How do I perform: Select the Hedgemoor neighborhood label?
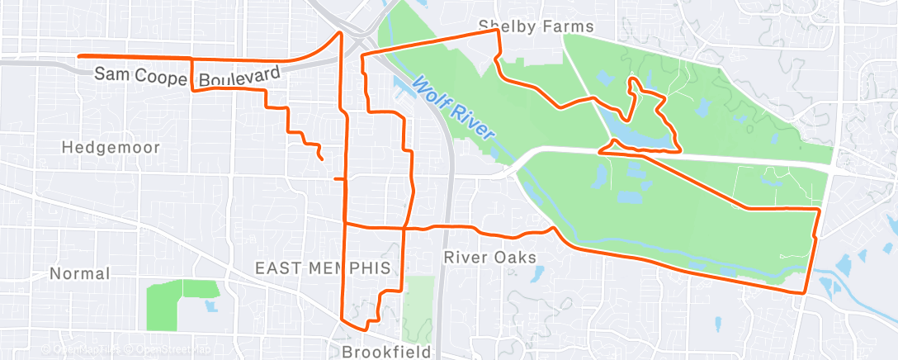pos(111,147)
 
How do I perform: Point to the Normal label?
pos(79,273)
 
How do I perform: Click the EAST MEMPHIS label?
pos(322,268)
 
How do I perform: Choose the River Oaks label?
pos(489,258)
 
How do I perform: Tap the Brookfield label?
pos(386,353)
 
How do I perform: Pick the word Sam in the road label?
pos(111,73)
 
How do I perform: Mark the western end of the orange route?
pos(79,56)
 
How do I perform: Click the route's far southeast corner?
pos(805,292)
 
